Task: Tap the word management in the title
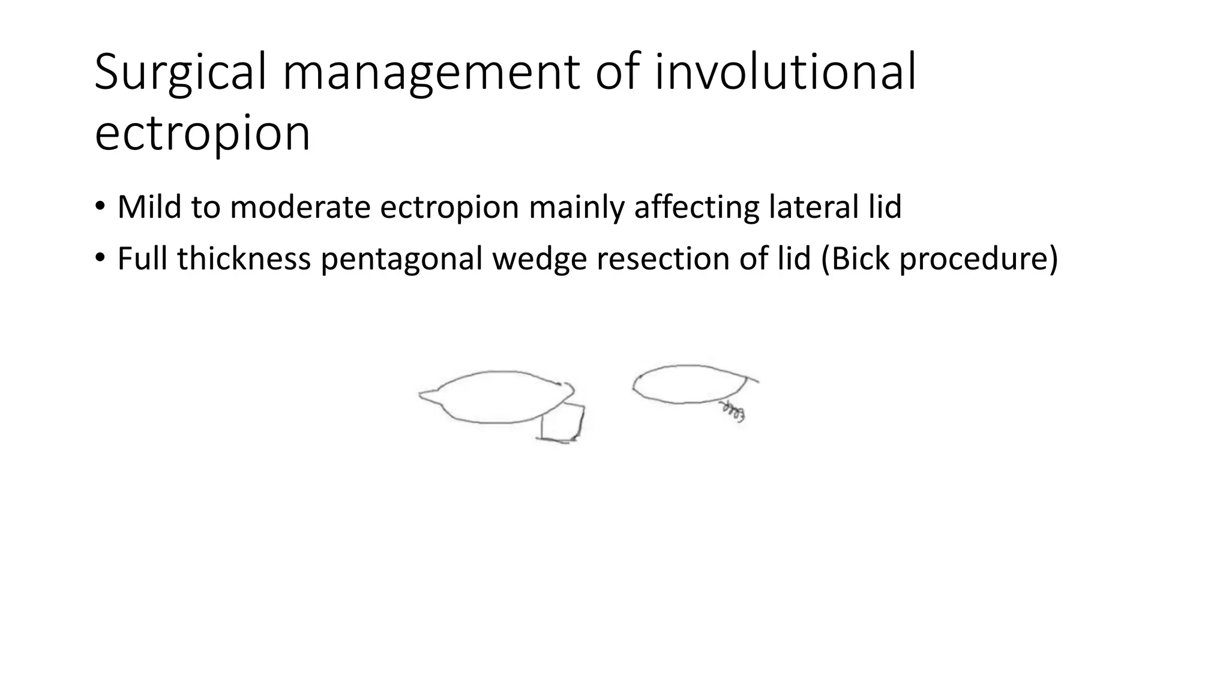[x=431, y=73]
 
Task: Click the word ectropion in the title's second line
[x=202, y=134]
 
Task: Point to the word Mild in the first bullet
[x=149, y=207]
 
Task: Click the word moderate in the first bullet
[x=302, y=207]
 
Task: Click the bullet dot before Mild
[x=100, y=207]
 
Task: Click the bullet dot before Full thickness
[x=100, y=259]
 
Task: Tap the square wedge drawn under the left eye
[x=562, y=423]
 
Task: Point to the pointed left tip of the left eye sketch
[x=422, y=394]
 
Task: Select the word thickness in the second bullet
[x=244, y=259]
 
